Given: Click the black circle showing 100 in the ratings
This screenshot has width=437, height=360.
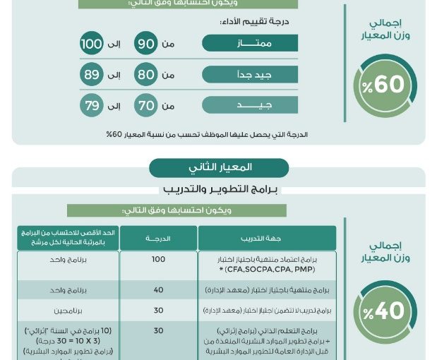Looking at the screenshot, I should (92, 44).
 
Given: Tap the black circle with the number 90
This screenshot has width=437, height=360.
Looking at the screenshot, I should (146, 44).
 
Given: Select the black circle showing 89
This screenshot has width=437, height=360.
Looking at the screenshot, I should (92, 75).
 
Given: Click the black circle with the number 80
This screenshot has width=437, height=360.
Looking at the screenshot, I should (146, 75).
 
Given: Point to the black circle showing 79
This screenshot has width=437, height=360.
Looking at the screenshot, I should (92, 106).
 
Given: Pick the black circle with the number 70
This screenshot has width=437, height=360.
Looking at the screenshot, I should (146, 106).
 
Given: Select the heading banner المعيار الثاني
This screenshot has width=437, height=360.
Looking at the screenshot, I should (219, 168).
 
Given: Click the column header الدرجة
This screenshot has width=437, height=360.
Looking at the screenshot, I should (158, 238).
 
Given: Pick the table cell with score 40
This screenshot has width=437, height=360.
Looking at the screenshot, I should (158, 290).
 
